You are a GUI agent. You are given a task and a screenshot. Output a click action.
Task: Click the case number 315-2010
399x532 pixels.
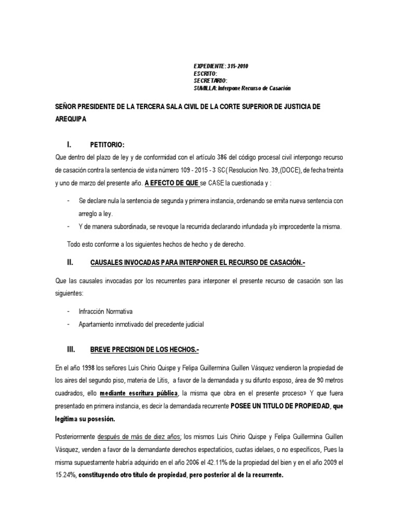(238, 66)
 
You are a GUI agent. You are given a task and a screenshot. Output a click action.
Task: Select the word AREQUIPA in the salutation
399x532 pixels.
(71, 119)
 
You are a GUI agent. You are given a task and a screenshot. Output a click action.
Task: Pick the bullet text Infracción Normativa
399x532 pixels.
(105, 311)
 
